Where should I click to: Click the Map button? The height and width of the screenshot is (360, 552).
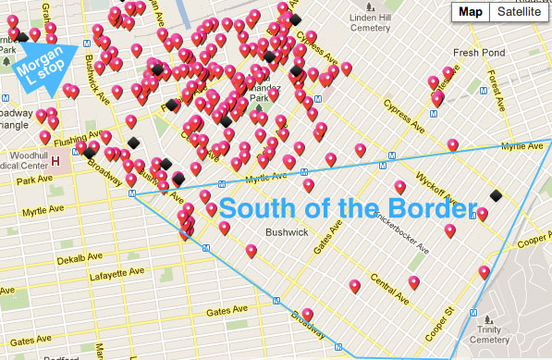(471, 12)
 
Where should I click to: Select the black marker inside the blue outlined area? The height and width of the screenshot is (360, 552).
(497, 195)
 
